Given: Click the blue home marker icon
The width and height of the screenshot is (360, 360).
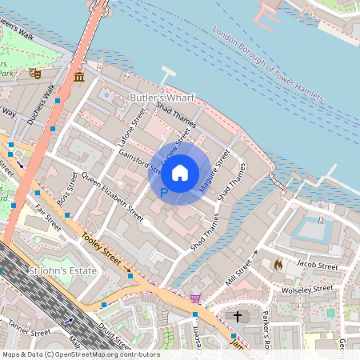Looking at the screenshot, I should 180,172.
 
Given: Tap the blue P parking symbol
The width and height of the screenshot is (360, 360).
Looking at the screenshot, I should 164,193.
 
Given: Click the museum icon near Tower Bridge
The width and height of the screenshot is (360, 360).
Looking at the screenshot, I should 79,77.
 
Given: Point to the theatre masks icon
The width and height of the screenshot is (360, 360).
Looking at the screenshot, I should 35,72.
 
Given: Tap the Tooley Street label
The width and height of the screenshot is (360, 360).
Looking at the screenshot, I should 102,254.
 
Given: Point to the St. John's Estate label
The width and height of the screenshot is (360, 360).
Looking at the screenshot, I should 62,271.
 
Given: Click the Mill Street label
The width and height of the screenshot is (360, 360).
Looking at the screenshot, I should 239,270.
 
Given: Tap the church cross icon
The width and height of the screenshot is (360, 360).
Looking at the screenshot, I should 238,317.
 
